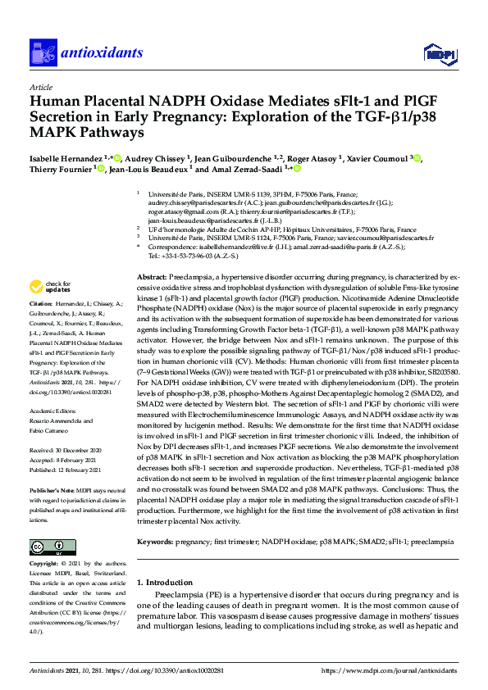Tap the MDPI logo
click(438, 54)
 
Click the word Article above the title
click(40, 87)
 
